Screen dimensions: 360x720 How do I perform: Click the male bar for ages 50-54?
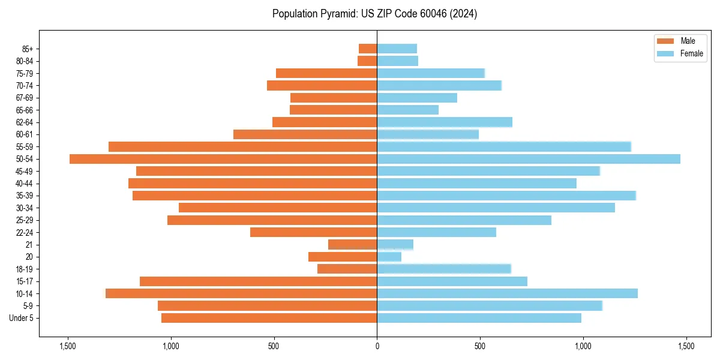(223, 159)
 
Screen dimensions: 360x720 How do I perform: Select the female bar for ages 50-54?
(528, 159)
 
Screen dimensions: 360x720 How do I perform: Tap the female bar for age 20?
(389, 257)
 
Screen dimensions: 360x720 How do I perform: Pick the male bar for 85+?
(368, 49)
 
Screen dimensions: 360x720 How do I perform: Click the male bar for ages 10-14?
(241, 293)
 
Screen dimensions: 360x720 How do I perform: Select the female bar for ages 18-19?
(444, 269)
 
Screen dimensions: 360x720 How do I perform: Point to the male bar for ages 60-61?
(305, 134)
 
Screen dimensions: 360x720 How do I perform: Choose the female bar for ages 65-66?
(407, 110)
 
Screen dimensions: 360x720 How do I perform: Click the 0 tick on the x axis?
(377, 346)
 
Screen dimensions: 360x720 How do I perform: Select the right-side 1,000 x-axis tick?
(583, 346)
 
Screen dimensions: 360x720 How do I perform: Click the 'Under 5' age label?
(22, 318)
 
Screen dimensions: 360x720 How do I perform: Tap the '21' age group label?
(29, 245)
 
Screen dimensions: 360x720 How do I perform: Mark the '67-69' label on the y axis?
(25, 98)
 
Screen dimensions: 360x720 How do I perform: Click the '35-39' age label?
(25, 196)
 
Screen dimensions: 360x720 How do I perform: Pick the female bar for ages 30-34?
(496, 208)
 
